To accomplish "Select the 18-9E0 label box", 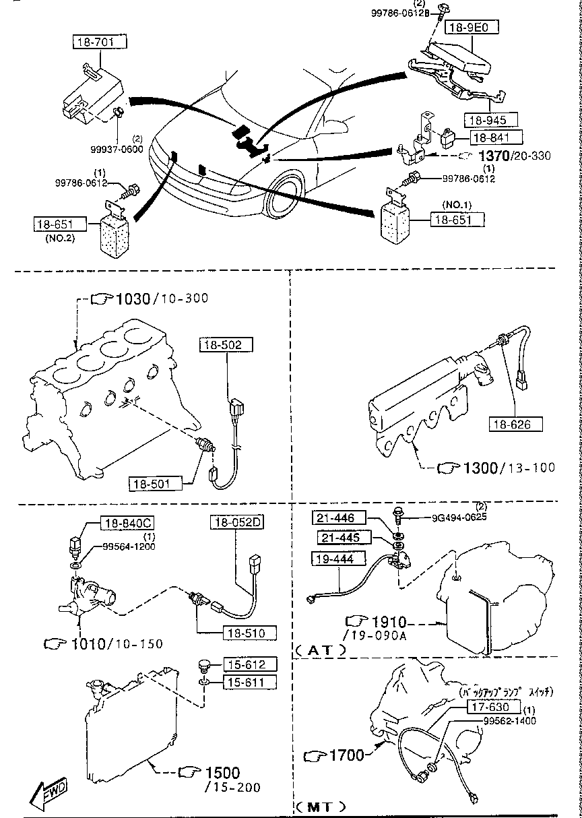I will point(472,28).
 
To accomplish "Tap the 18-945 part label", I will point(490,120).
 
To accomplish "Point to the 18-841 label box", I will point(496,137).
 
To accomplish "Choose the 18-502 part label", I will point(226,345).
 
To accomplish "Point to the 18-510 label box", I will point(251,633).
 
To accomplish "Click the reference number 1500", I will point(222,773).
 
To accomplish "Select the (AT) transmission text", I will point(321,650).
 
